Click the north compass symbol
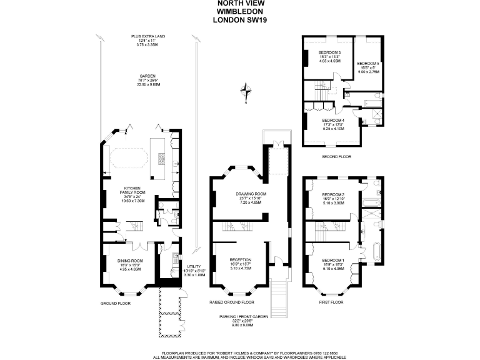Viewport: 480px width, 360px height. pyautogui.click(x=249, y=91)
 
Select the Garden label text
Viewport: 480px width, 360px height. pyautogui.click(x=147, y=74)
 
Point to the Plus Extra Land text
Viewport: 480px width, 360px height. pyautogui.click(x=147, y=36)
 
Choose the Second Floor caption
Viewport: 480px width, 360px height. pyautogui.click(x=336, y=156)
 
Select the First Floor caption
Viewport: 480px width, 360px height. pyautogui.click(x=332, y=302)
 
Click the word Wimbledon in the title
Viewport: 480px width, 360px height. pyautogui.click(x=239, y=11)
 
